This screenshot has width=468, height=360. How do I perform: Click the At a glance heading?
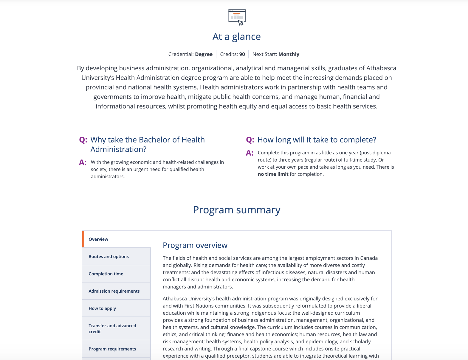point(236,37)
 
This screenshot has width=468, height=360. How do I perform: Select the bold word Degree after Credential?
point(204,54)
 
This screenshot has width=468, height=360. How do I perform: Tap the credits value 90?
point(242,54)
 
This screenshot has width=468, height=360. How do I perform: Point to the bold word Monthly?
point(289,54)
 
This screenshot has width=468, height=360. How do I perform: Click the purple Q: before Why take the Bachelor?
point(83,140)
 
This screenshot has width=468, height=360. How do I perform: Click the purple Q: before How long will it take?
point(250,140)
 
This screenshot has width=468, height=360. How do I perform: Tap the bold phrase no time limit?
point(273,174)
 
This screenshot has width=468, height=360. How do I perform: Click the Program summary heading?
point(236,210)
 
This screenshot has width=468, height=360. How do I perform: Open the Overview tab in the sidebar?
point(98,239)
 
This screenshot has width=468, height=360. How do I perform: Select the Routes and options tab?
point(109,257)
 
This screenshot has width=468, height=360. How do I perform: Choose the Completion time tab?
point(106,274)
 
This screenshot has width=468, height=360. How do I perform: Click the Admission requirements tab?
point(114,291)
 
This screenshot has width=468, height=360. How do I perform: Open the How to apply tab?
point(102,308)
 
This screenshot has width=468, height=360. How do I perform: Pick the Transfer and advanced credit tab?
point(112,328)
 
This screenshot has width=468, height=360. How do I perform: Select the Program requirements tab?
point(112,349)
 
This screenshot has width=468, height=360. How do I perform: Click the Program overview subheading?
point(195,245)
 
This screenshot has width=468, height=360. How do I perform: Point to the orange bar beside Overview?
point(83,239)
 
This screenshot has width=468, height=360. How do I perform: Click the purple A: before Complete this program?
point(250,153)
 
